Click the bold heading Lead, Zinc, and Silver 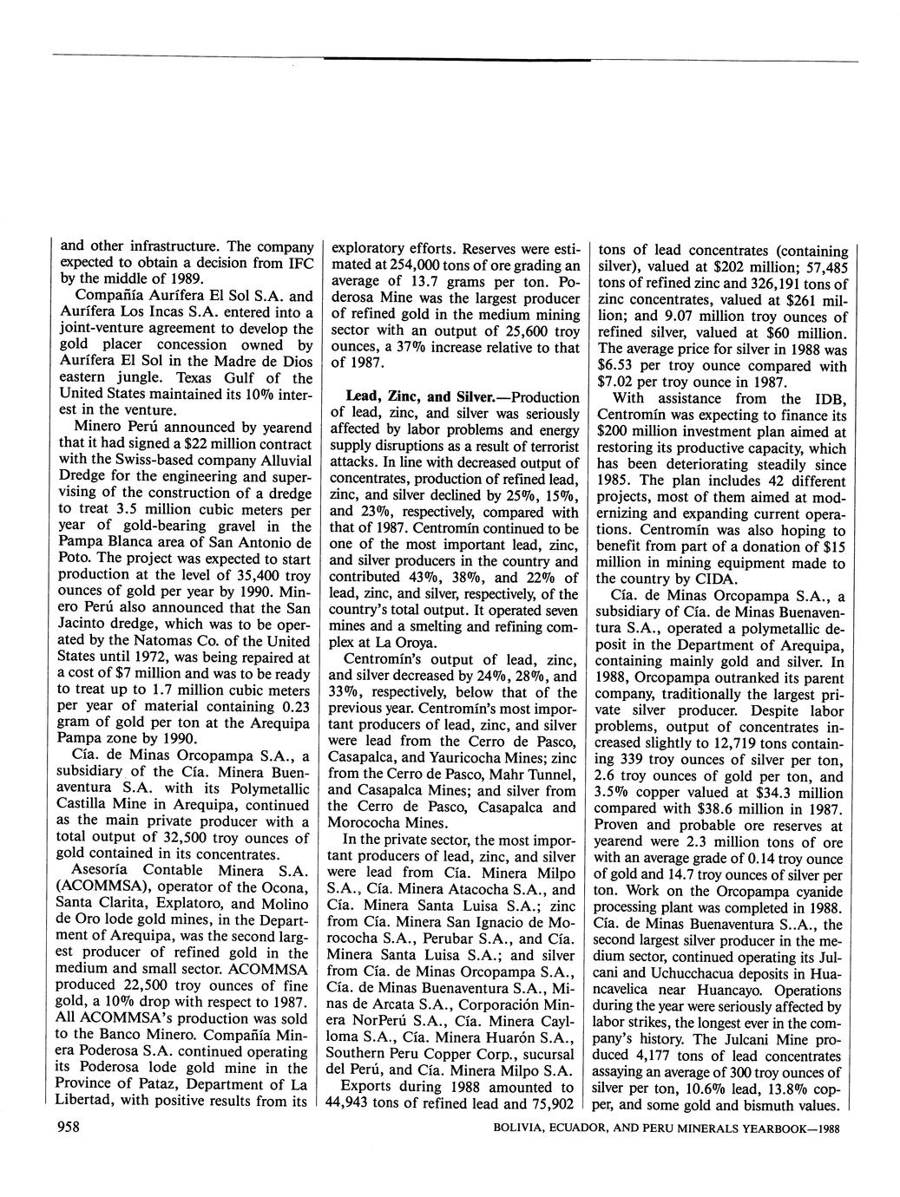(x=408, y=396)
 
